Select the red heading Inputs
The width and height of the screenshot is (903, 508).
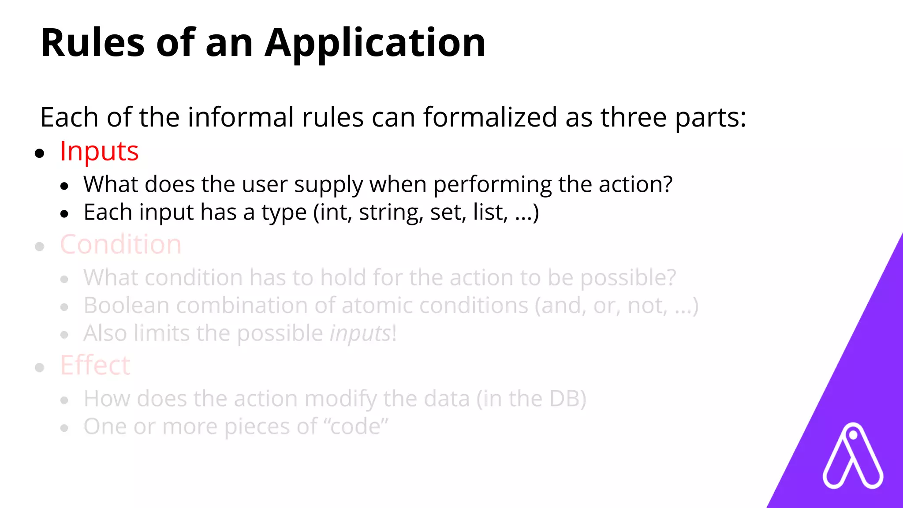(x=99, y=151)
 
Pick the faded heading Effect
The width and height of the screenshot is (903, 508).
(x=95, y=365)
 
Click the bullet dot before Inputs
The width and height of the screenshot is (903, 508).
(x=40, y=153)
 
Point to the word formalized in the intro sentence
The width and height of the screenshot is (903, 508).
(x=490, y=117)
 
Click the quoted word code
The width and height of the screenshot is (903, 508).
(x=356, y=426)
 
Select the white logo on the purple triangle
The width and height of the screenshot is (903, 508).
(x=853, y=456)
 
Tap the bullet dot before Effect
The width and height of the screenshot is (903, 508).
(x=40, y=367)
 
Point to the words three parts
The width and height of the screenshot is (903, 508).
(x=673, y=117)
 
